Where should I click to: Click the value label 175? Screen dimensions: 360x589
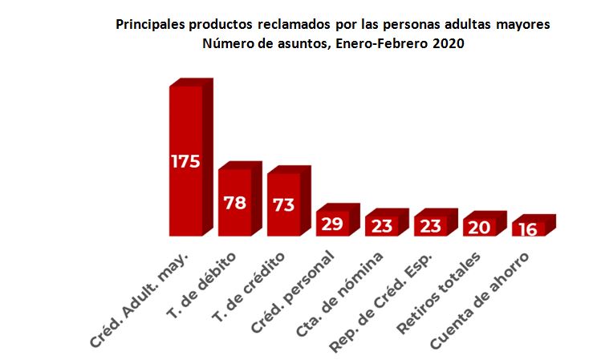tap(185, 161)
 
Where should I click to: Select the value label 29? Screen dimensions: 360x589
tap(332, 224)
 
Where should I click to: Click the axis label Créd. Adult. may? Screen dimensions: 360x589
tap(140, 297)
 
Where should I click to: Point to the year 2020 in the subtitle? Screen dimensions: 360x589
tap(449, 45)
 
